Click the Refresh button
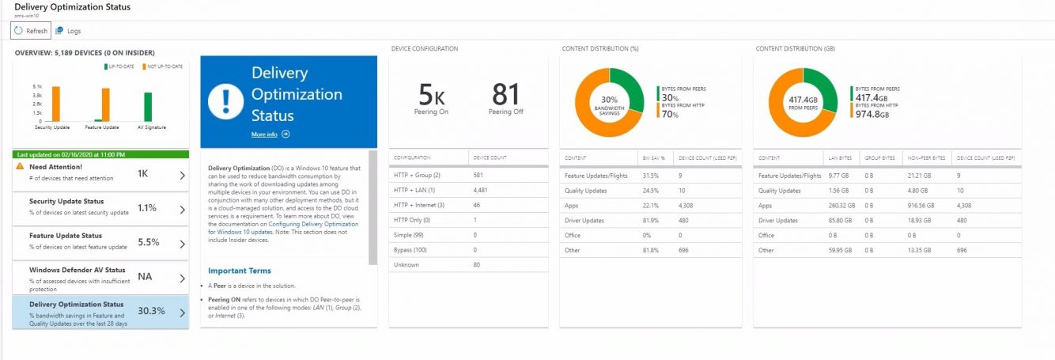[31, 31]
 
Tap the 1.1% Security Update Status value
[148, 209]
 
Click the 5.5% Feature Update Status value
[148, 243]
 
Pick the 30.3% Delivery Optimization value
[151, 311]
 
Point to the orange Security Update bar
[55, 104]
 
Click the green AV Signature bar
[148, 107]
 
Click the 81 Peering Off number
[505, 95]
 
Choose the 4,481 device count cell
[480, 190]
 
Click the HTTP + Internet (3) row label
[420, 205]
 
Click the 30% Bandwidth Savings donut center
[609, 103]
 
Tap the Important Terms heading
[240, 271]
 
